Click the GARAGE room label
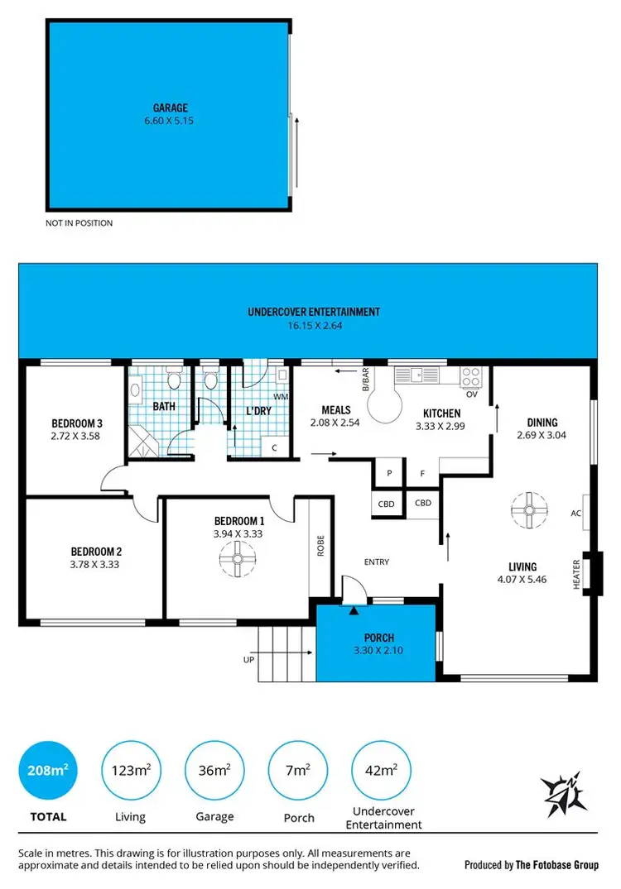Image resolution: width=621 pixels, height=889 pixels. pos(170,108)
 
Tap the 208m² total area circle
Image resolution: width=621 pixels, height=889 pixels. pos(47,771)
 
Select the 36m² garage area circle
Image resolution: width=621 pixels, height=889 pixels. pos(214,771)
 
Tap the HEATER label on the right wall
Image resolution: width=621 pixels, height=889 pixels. pos(577,572)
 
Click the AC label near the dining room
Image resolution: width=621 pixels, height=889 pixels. pos(576,513)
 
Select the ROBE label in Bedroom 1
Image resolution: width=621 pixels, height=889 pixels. pos(320,548)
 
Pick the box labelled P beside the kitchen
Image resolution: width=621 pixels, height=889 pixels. pos(388,474)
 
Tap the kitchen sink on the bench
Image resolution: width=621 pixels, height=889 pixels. pos(418,375)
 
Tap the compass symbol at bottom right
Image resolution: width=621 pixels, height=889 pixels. pos(566,791)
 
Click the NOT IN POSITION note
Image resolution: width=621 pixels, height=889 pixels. pos(79,223)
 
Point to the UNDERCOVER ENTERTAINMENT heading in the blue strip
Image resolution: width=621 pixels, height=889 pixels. pos(314,312)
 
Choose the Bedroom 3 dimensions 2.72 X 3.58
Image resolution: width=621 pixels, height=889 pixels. pos(75,436)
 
